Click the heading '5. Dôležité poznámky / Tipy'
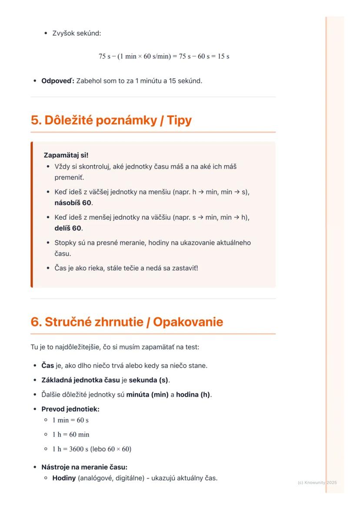(111, 120)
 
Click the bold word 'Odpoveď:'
(58, 80)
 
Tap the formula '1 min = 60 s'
(70, 420)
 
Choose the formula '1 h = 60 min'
(71, 435)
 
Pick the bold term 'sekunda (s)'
(149, 380)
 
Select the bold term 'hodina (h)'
(193, 395)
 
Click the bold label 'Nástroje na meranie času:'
(84, 467)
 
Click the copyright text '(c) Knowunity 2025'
(317, 482)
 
